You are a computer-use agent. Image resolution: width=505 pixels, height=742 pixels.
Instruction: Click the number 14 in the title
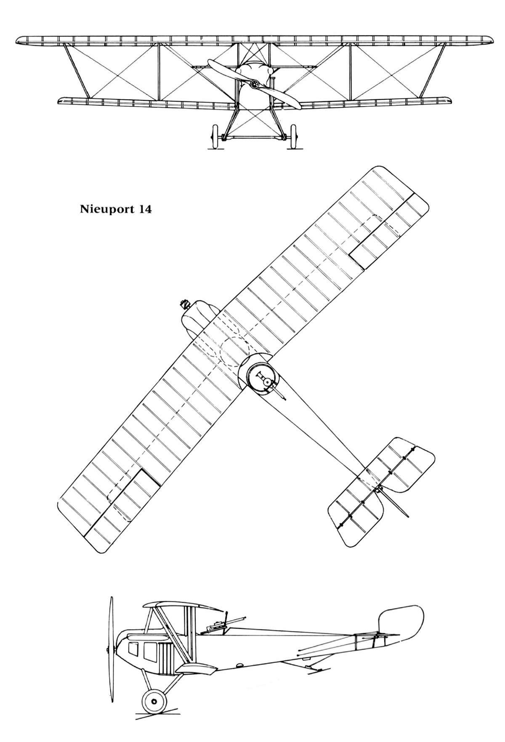(x=143, y=209)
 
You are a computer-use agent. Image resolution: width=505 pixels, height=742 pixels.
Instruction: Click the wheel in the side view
(x=154, y=701)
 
